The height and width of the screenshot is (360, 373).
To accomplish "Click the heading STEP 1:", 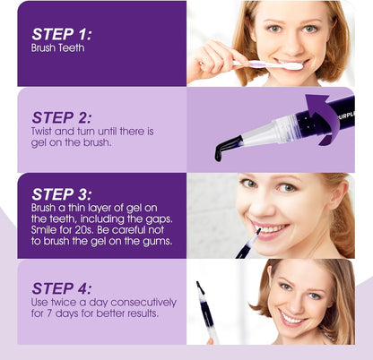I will [x=61, y=35].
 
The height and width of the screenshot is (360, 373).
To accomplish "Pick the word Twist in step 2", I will [x=44, y=132].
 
